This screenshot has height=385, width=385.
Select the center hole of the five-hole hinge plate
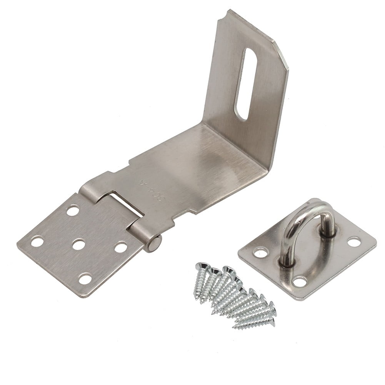78,244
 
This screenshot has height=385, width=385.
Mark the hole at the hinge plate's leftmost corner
37,242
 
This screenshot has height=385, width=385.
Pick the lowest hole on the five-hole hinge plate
85,278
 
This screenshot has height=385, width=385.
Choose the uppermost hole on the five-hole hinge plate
73,210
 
